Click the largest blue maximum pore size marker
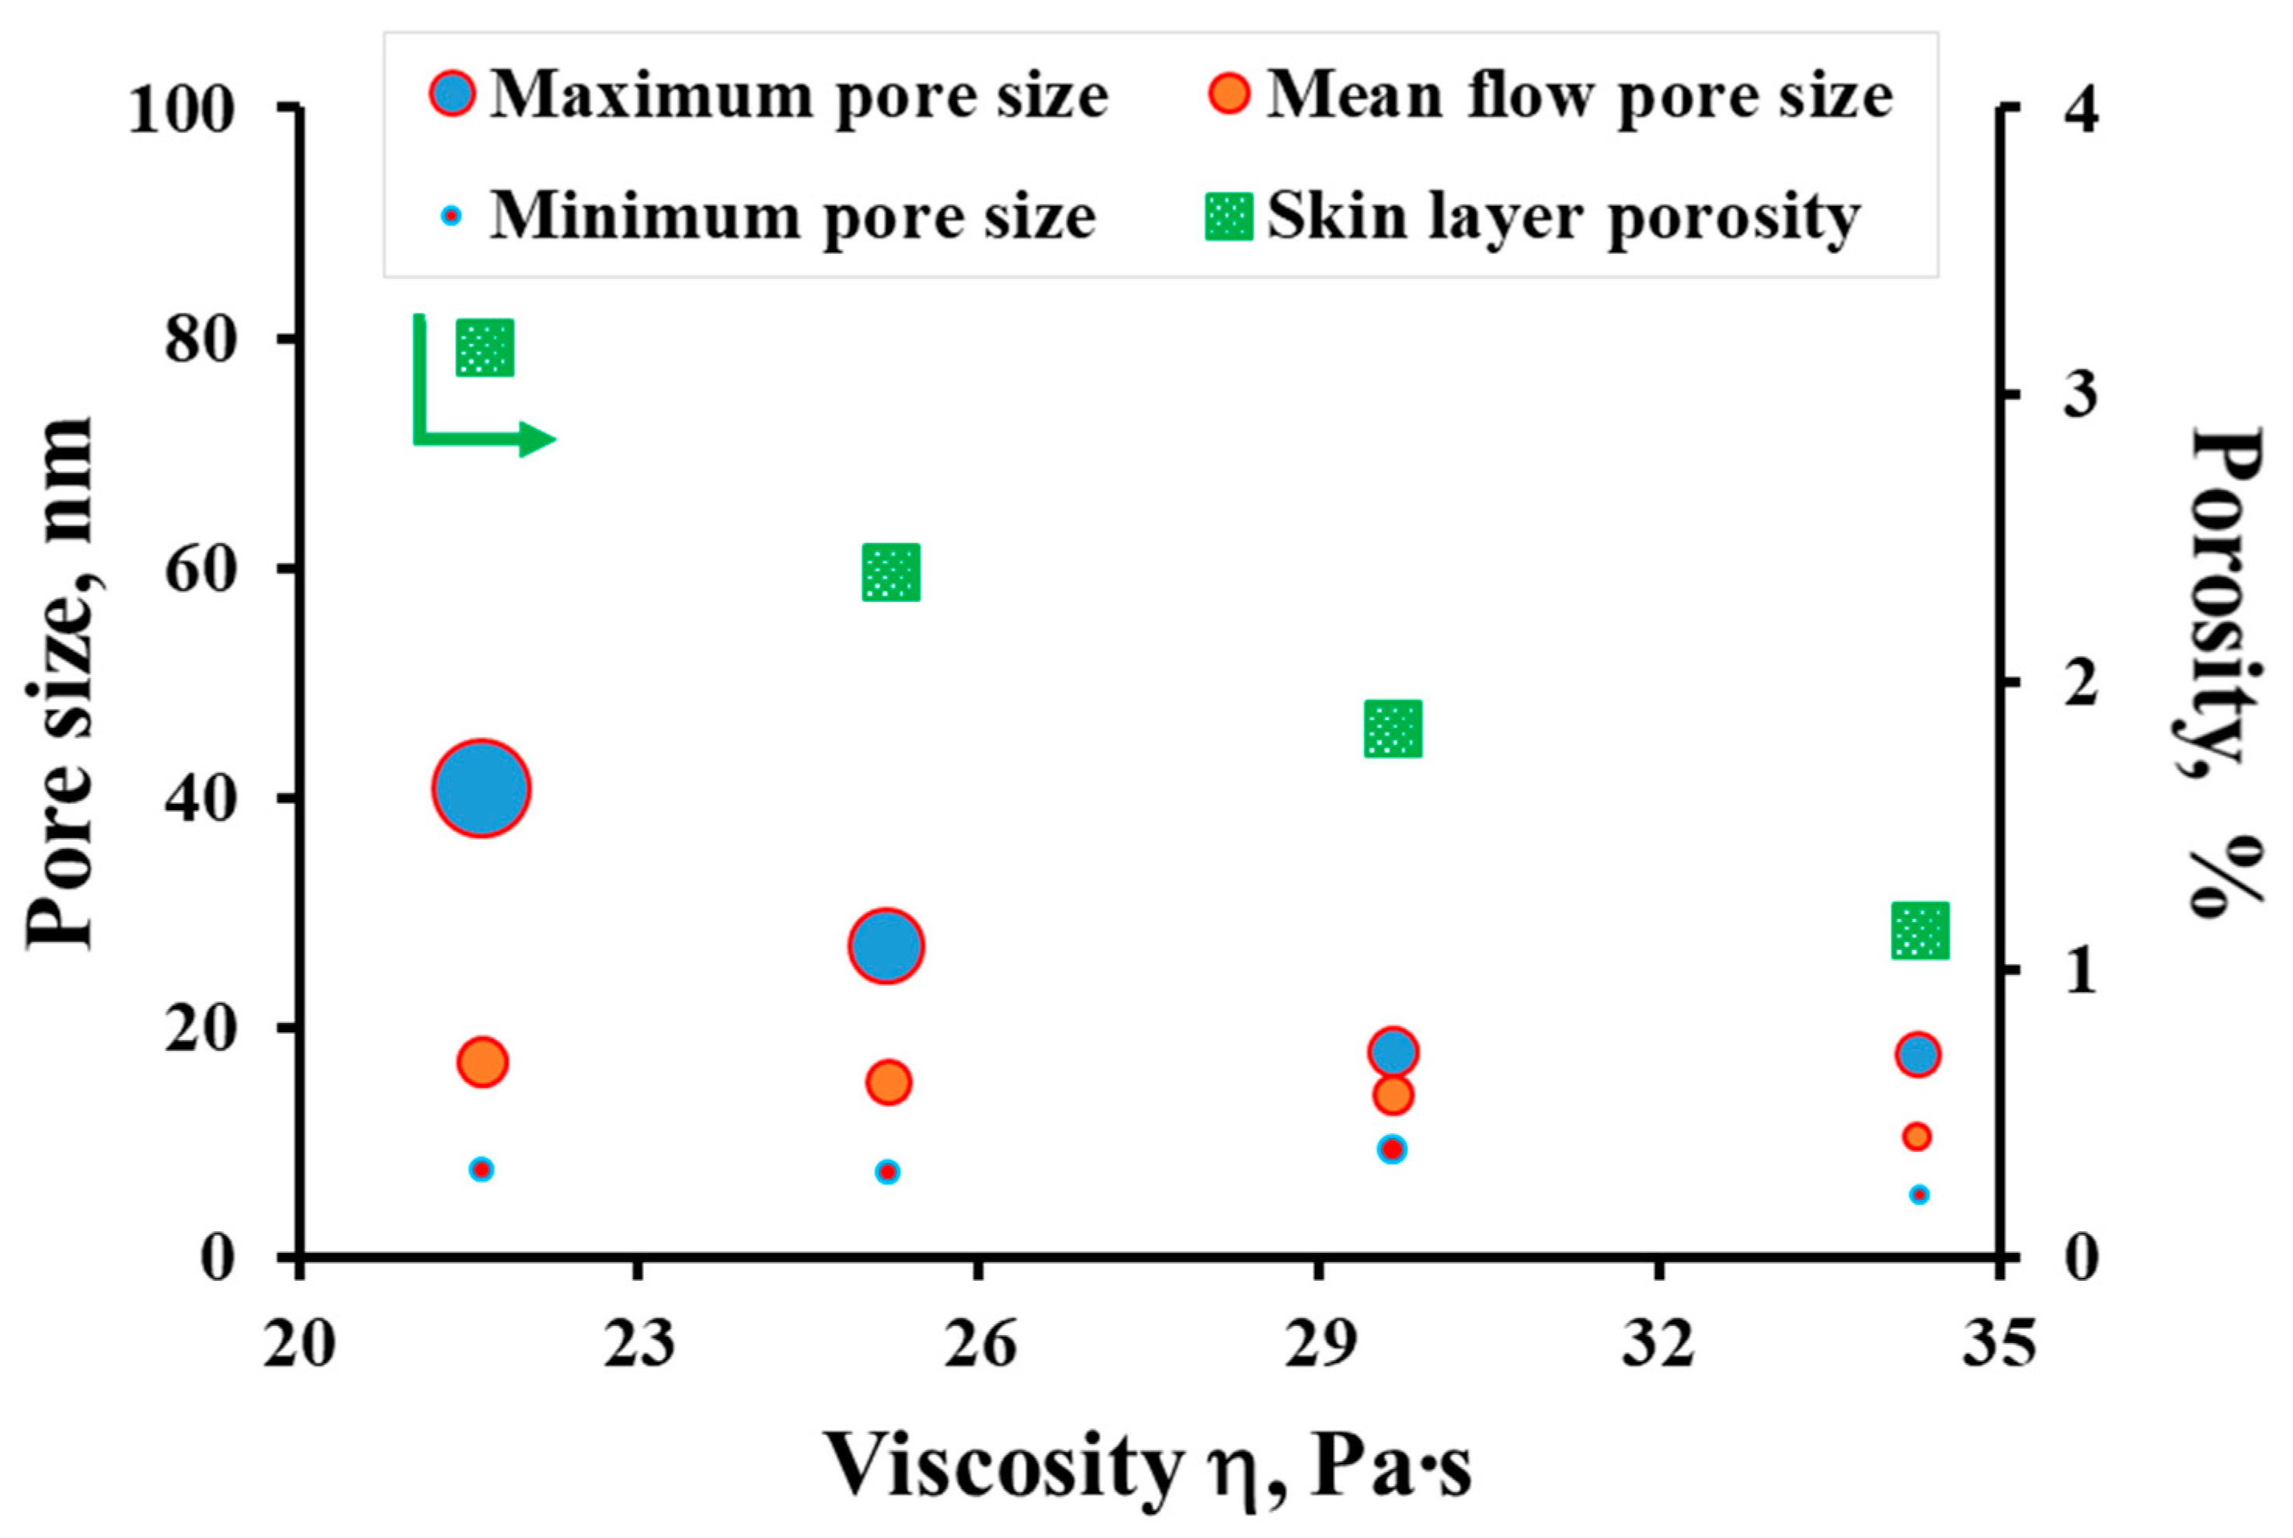pos(481,788)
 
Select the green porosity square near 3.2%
pos(485,346)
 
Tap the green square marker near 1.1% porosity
pos(1919,931)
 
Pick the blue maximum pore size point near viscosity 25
pos(886,945)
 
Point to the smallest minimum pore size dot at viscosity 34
pos(1919,1195)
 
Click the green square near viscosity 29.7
pos(1393,729)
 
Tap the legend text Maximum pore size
pos(799,96)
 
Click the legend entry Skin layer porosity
pos(1564,217)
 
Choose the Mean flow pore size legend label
pos(1579,96)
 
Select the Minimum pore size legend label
pos(792,217)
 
